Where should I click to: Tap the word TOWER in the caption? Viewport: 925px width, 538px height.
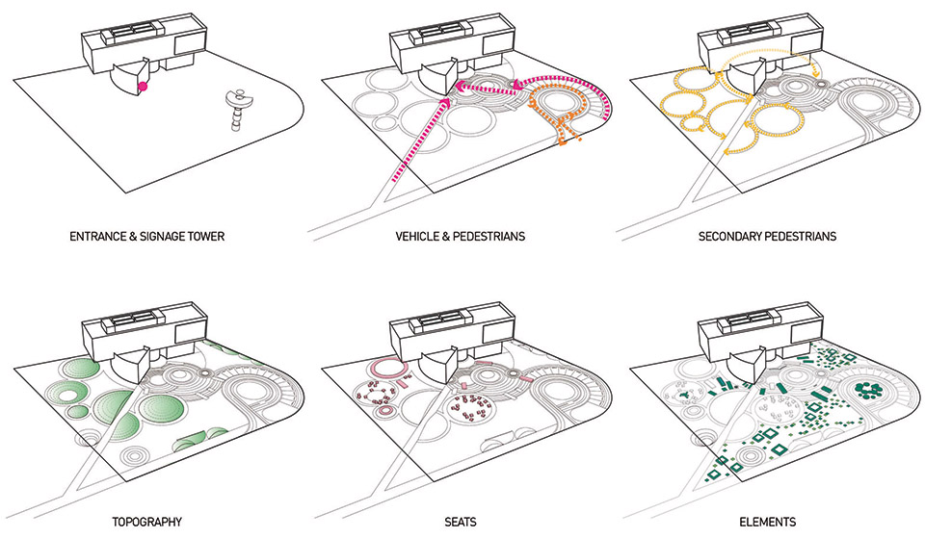(x=206, y=237)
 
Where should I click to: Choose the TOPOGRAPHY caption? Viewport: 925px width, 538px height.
(x=146, y=522)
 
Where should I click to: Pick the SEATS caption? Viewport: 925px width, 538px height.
(x=461, y=522)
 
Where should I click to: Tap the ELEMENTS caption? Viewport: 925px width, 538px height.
(x=768, y=522)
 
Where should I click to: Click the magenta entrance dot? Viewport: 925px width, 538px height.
(x=143, y=87)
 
